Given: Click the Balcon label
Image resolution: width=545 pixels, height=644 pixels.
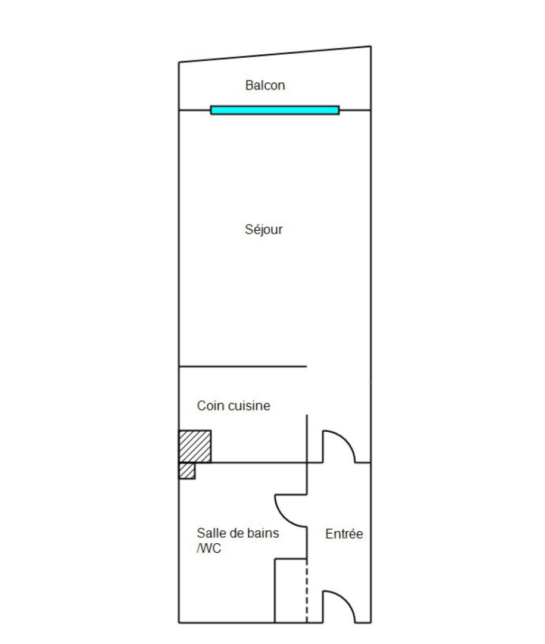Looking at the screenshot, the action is (264, 85).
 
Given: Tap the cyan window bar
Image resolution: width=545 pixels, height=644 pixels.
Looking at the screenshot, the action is (275, 110).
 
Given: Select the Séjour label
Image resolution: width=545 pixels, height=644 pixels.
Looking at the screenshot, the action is (263, 229).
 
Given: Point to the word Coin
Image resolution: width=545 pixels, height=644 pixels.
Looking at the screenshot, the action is (210, 405).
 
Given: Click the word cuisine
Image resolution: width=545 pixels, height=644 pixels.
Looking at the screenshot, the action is (249, 405).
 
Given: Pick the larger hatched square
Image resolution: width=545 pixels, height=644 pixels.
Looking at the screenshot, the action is (195, 447).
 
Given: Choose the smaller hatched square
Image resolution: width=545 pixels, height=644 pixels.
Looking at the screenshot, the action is (186, 470).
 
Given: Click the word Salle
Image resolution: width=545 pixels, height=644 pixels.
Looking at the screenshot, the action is (210, 533).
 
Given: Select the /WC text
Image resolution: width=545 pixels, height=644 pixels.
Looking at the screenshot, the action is (209, 549).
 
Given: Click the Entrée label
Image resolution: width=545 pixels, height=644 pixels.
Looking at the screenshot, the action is (344, 534).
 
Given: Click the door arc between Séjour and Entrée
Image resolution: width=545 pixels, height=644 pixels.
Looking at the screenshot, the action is (346, 440).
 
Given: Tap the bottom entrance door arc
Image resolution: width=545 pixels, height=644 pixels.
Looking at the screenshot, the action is (346, 600).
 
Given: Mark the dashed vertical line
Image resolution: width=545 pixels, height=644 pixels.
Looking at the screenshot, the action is (307, 590).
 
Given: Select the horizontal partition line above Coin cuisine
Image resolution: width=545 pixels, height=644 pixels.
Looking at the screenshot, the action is (242, 366).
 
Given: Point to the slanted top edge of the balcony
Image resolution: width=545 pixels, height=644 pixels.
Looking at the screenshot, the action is (275, 54).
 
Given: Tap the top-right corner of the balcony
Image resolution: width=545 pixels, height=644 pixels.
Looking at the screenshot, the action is (371, 47).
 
